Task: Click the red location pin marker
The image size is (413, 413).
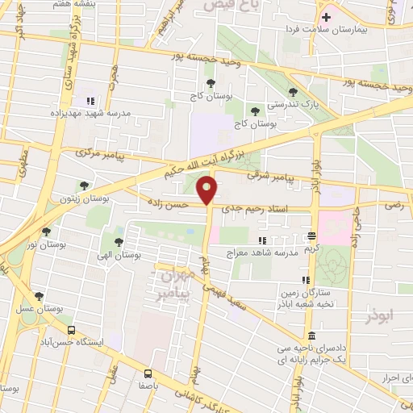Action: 208,190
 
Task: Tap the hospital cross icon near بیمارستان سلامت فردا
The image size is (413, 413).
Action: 326,16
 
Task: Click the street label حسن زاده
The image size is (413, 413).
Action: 167,205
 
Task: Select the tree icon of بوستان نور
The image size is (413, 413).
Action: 46,231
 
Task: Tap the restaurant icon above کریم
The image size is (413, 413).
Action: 311,236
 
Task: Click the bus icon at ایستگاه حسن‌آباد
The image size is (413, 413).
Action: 72,330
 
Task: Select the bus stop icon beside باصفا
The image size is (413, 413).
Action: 147,373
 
